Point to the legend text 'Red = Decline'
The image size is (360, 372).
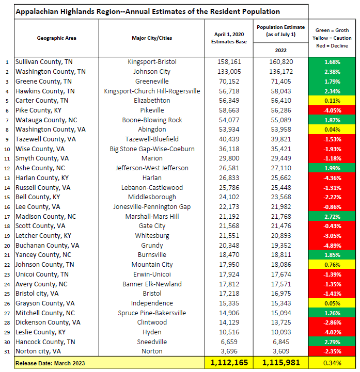point(333,46)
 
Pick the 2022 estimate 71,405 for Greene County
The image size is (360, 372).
point(281,81)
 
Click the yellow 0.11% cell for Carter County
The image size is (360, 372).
point(333,101)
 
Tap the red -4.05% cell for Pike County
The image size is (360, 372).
point(333,110)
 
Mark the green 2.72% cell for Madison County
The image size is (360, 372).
point(333,216)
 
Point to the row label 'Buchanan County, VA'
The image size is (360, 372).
point(47,245)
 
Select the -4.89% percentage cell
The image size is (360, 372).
point(333,245)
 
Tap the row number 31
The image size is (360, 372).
point(7,351)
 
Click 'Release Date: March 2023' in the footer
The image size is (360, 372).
point(53,363)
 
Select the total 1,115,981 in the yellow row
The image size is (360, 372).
point(281,363)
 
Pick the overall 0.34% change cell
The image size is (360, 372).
point(333,363)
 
